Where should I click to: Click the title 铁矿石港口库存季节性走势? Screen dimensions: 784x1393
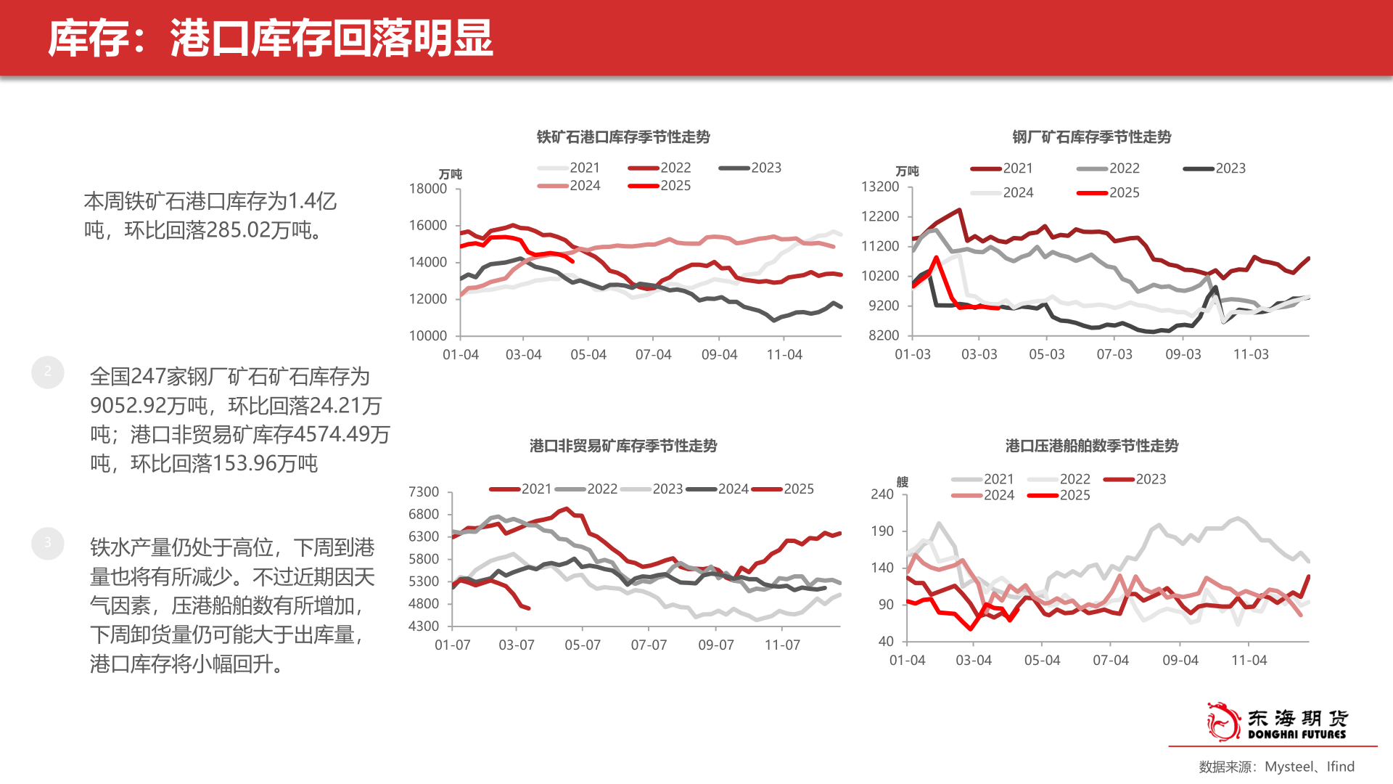coord(622,136)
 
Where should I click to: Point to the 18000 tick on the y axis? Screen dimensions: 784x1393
coord(428,189)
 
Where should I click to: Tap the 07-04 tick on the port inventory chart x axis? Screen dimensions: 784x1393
coord(653,355)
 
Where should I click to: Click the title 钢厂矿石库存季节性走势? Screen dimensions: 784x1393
coord(1091,136)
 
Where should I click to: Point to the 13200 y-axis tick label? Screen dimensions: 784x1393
coord(879,187)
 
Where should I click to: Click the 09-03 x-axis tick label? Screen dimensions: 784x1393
coord(1183,354)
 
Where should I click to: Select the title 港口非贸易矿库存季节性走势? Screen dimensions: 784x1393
coord(622,445)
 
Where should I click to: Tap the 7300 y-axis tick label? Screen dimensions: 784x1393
coord(424,492)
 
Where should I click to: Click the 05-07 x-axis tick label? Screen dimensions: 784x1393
coord(583,645)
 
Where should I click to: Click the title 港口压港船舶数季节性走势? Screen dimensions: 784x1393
coord(1091,445)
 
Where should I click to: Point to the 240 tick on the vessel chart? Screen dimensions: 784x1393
coord(882,494)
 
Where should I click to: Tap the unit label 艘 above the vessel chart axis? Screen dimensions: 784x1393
coord(902,481)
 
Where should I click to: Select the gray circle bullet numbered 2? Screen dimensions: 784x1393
coord(48,372)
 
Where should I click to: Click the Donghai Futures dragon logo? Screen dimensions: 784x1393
coord(1223,722)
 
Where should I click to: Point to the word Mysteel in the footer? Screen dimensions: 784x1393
coord(1289,767)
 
